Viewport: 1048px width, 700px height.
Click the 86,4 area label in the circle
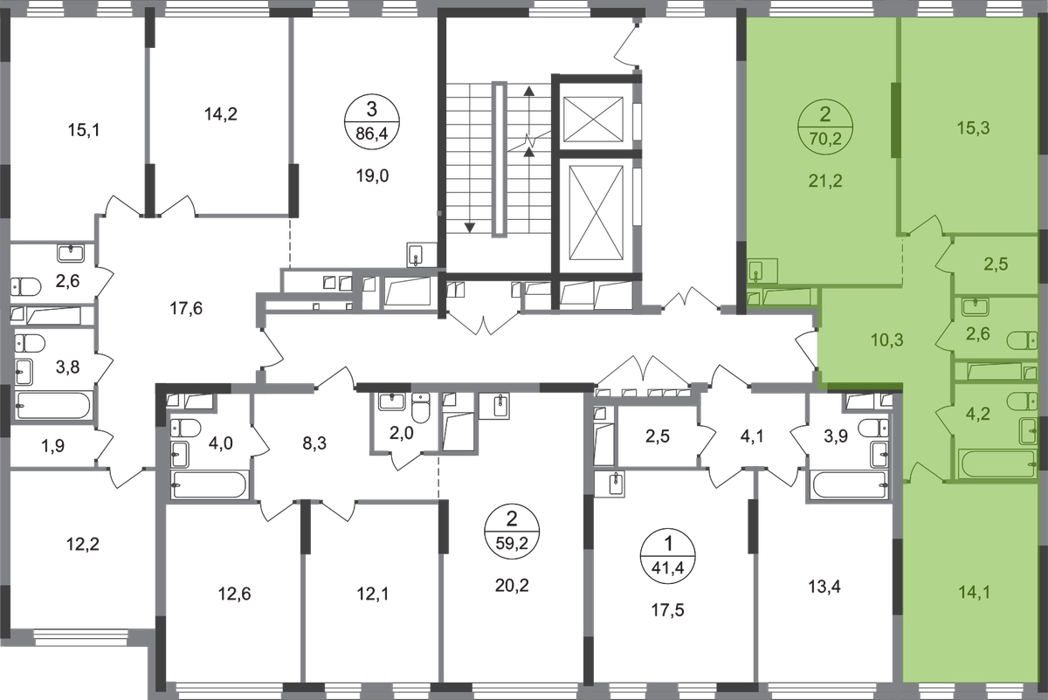[371, 134]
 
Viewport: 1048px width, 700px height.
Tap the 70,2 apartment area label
[824, 139]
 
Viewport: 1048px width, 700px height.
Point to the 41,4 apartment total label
[667, 568]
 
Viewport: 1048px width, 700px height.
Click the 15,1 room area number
[84, 130]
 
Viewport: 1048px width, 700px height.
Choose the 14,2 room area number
[220, 113]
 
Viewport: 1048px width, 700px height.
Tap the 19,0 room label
[372, 176]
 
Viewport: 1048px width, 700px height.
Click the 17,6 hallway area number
[186, 309]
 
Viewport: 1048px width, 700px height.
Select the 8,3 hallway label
[314, 443]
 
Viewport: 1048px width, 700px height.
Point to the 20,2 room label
[512, 585]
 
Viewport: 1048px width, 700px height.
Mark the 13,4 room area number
[824, 586]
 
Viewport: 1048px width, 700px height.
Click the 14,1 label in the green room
[974, 593]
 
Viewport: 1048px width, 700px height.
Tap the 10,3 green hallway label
[886, 340]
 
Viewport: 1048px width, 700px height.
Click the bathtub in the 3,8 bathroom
[52, 405]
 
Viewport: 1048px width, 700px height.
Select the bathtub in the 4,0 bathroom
[209, 485]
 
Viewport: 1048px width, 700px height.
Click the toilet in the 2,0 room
[421, 408]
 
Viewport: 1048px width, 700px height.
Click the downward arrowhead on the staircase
[469, 228]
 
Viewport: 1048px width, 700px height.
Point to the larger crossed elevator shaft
[596, 212]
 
